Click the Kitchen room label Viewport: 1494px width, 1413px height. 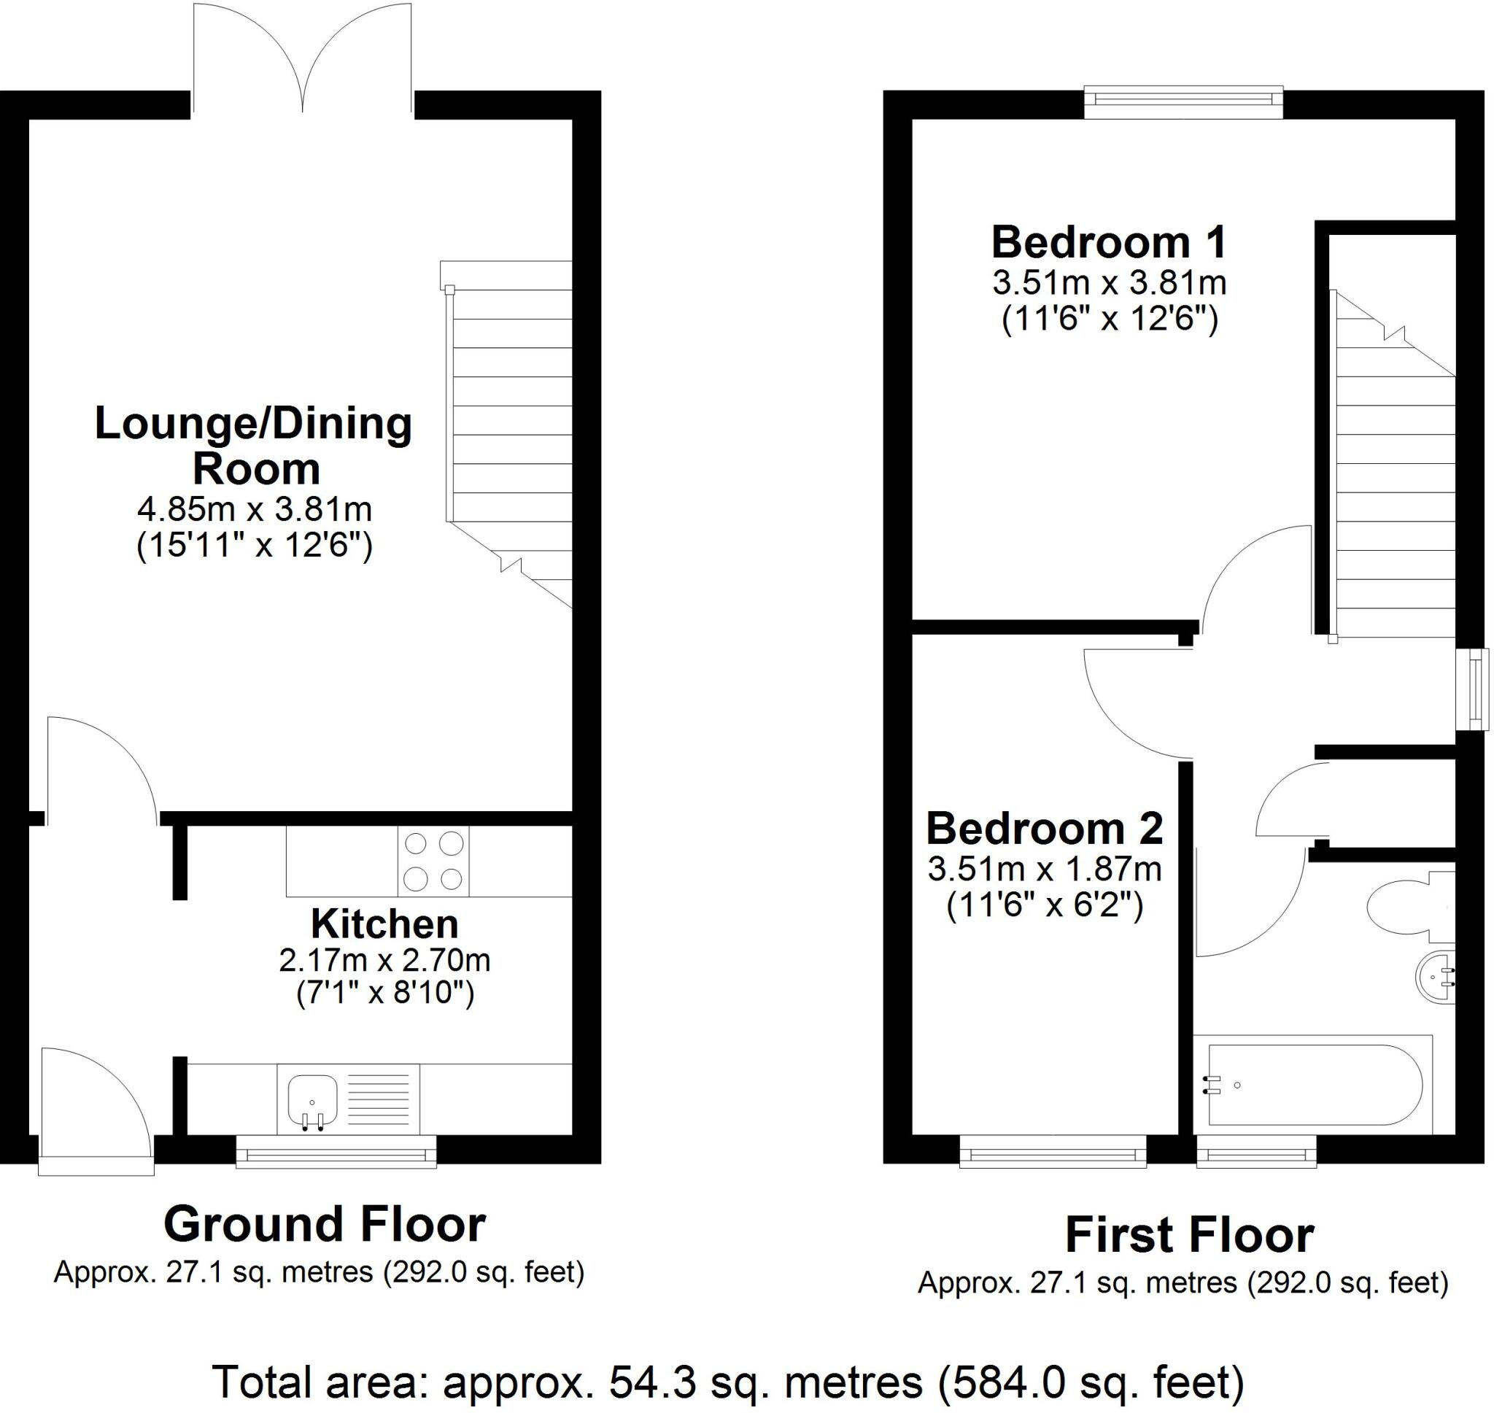(x=384, y=924)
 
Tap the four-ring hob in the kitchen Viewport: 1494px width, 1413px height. (x=433, y=861)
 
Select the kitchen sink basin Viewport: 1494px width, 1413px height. (x=311, y=1099)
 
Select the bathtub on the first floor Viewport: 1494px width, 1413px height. (x=1313, y=1085)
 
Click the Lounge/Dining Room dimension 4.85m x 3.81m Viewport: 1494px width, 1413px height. (x=255, y=510)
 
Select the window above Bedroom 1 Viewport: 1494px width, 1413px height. (x=1183, y=102)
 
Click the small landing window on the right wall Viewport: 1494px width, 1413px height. (x=1472, y=689)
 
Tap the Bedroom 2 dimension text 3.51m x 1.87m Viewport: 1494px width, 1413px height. (x=1044, y=870)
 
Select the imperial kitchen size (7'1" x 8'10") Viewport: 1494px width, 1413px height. (x=384, y=994)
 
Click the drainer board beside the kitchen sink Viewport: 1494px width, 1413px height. (x=378, y=1099)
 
